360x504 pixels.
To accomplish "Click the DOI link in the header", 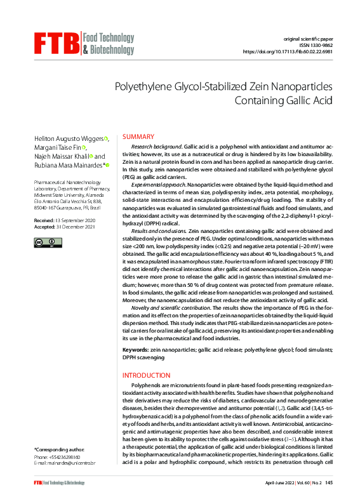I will coord(288,52).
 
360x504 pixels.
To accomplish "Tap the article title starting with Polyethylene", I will coord(223,93).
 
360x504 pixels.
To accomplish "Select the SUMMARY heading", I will coord(138,137).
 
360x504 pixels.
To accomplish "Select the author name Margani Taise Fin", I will coord(57,148).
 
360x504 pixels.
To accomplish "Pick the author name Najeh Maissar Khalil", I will coord(60,156).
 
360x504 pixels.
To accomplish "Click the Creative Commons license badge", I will coord(48,242).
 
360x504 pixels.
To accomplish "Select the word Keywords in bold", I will coord(135,350).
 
